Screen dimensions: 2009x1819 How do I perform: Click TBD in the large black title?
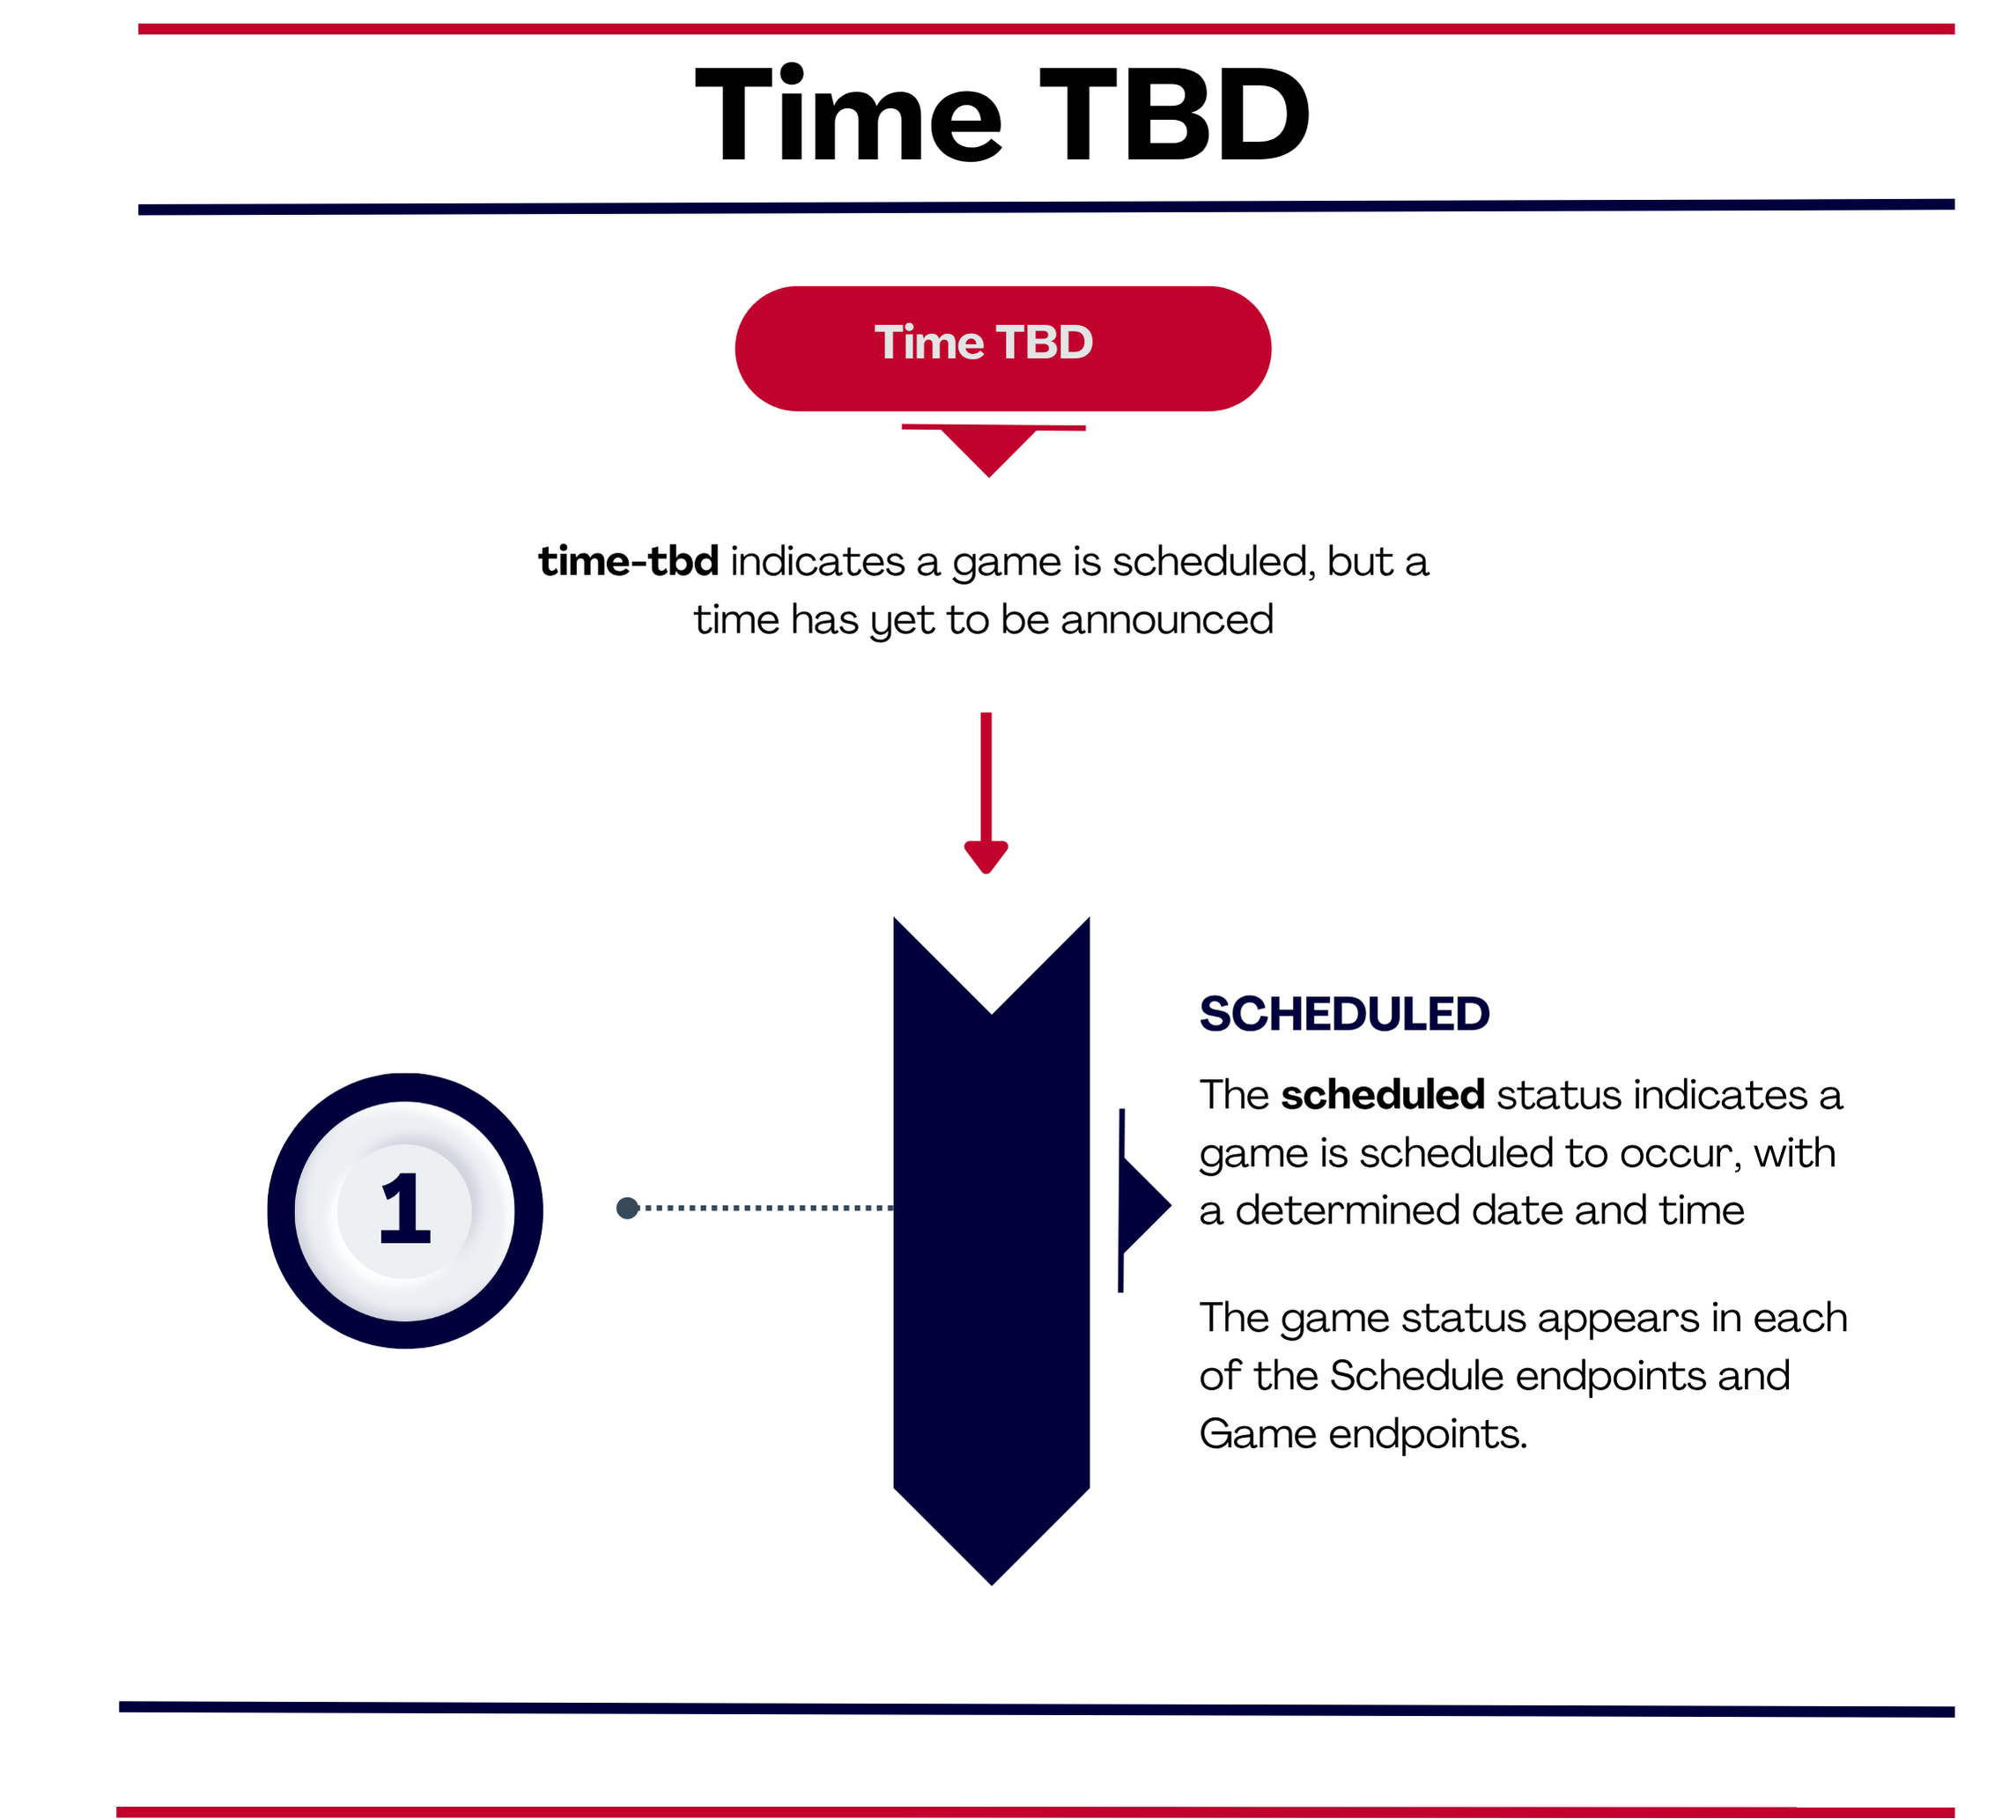click(1176, 114)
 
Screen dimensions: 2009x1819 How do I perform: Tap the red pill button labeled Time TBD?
click(1002, 348)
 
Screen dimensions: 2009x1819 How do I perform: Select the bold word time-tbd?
click(629, 561)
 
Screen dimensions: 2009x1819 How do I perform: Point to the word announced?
click(1167, 619)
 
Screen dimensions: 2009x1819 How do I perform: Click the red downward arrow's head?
click(986, 856)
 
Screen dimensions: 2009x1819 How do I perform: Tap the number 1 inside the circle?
click(404, 1209)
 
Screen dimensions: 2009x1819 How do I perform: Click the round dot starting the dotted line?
click(627, 1208)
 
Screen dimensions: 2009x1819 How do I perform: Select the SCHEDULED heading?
click(1344, 1014)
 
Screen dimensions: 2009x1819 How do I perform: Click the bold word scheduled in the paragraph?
click(1383, 1094)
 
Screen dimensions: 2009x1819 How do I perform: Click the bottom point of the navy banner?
click(992, 1584)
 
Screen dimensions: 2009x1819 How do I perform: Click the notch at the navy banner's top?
click(992, 1013)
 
